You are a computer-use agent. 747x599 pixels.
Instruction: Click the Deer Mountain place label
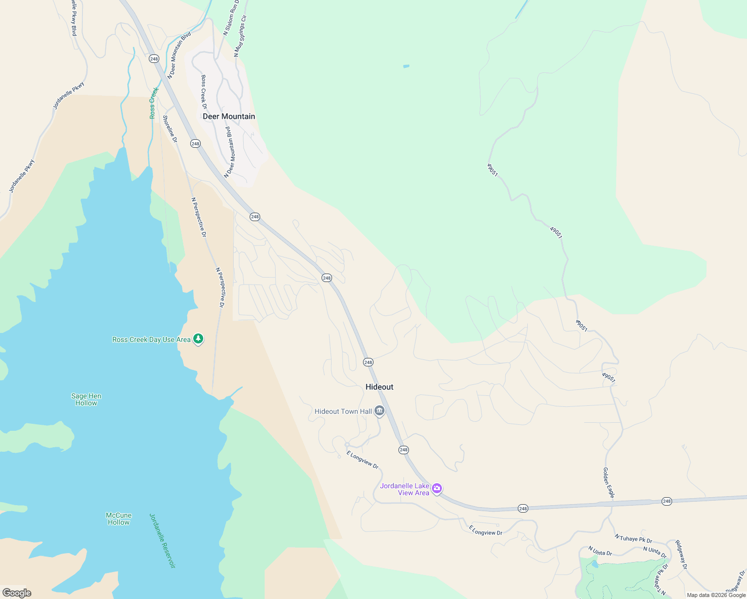click(x=229, y=116)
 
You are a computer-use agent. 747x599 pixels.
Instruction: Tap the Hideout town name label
click(x=379, y=387)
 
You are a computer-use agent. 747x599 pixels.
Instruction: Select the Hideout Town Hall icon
click(x=379, y=411)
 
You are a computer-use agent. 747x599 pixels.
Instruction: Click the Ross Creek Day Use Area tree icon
click(x=198, y=339)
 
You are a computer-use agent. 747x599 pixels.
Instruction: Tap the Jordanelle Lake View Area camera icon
click(x=437, y=488)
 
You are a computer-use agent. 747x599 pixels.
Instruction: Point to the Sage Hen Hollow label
click(x=86, y=399)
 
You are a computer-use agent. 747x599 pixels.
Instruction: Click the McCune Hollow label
click(x=118, y=519)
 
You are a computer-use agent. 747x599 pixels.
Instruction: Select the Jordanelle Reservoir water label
click(x=162, y=541)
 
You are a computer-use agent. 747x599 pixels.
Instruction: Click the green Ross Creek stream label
click(x=154, y=103)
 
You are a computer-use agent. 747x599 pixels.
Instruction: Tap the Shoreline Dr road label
click(x=170, y=129)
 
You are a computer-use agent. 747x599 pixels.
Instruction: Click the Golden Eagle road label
click(x=608, y=483)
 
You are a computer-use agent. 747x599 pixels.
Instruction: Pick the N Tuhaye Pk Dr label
click(x=633, y=539)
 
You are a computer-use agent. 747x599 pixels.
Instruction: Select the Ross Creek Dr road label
click(x=204, y=92)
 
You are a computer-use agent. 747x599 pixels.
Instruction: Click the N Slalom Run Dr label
click(x=231, y=17)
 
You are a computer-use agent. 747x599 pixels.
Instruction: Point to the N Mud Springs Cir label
click(x=240, y=35)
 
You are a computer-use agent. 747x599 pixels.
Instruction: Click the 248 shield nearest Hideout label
click(x=368, y=362)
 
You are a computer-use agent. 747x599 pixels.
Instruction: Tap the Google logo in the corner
click(x=16, y=593)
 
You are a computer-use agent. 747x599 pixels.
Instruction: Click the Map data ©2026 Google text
click(x=716, y=595)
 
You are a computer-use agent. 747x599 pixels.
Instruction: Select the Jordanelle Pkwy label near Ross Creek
click(x=69, y=96)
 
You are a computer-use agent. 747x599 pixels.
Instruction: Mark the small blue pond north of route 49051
click(x=406, y=66)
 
